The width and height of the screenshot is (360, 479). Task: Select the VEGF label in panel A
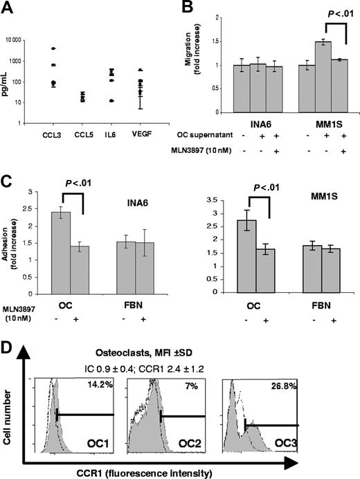[141, 137]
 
